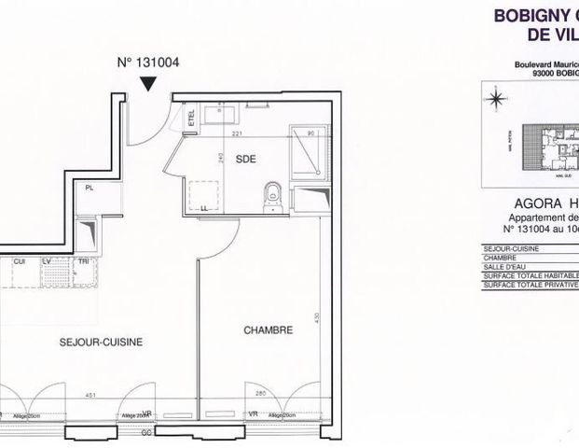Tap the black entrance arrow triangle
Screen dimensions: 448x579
point(147,85)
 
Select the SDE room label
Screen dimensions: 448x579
point(245,158)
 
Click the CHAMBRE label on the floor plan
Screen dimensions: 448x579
point(269,330)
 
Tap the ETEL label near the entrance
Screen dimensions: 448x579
point(192,119)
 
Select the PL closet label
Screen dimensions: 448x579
point(90,188)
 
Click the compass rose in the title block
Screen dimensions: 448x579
point(497,96)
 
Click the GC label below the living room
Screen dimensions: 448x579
point(145,435)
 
